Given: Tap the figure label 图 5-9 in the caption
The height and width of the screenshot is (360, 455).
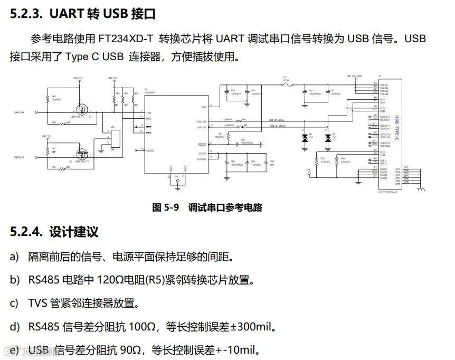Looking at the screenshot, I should point(165,207).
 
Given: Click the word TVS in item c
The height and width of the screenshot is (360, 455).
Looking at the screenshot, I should point(38,303).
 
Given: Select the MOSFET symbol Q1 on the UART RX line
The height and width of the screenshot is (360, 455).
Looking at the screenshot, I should point(82,110).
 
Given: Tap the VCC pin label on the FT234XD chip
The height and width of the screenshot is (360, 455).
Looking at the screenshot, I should point(204,107).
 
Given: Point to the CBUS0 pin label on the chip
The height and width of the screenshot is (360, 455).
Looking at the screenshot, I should point(150,150).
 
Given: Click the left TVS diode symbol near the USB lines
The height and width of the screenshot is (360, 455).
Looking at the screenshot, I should point(305,138).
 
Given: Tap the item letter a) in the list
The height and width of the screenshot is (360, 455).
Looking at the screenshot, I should point(14,257).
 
